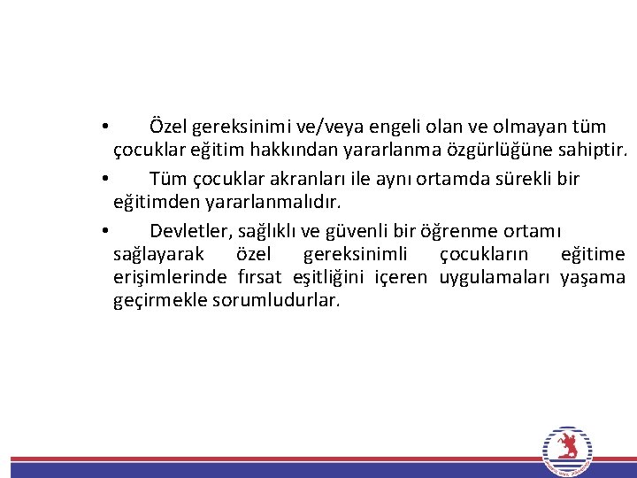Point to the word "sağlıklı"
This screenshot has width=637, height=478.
269,231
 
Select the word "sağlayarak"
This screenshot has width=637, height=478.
158,255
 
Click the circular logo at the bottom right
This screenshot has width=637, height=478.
565,451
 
